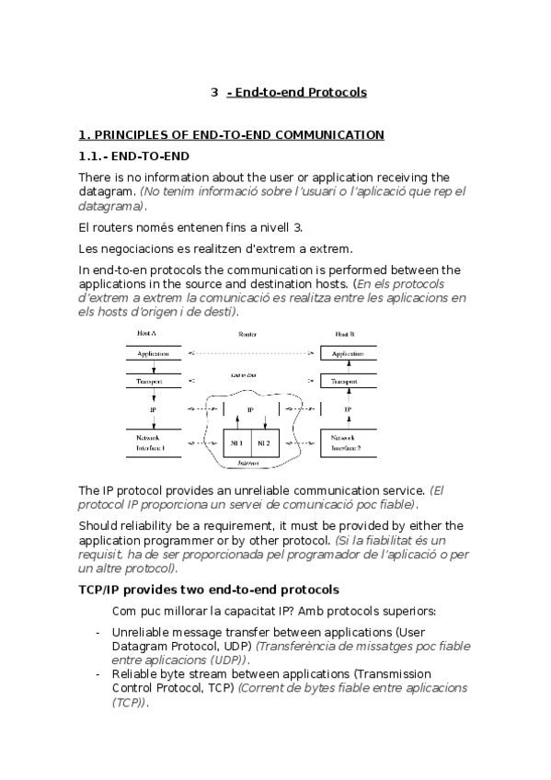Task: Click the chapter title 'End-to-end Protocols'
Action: pyautogui.click(x=301, y=93)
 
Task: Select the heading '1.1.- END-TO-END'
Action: pyautogui.click(x=134, y=155)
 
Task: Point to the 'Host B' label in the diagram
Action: pyautogui.click(x=345, y=332)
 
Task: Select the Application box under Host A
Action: pyautogui.click(x=153, y=353)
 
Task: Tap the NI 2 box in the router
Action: pyautogui.click(x=264, y=442)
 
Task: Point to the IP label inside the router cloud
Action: pyautogui.click(x=249, y=409)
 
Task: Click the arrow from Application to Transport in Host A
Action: pyautogui.click(x=153, y=367)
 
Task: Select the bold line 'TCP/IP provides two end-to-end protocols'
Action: pyautogui.click(x=209, y=589)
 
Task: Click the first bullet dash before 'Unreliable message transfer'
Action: pyautogui.click(x=98, y=633)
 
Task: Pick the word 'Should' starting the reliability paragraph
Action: pyautogui.click(x=98, y=526)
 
